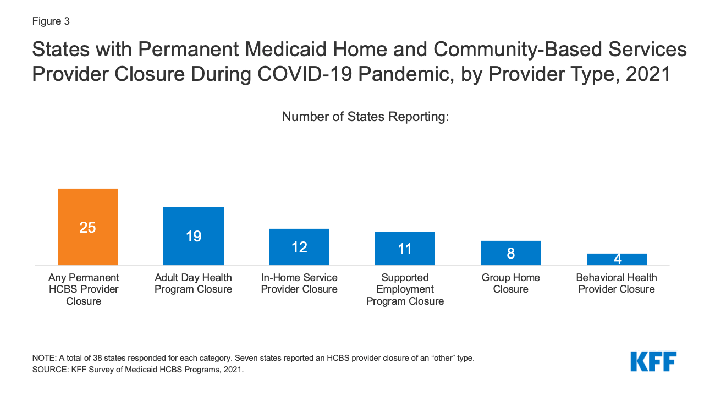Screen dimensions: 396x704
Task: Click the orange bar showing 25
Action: [87, 227]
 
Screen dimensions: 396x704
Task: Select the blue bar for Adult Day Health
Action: [194, 236]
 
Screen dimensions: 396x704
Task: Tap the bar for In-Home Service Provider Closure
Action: [299, 247]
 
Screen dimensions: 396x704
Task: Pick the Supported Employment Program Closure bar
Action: [405, 249]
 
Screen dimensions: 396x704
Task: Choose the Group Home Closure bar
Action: [510, 253]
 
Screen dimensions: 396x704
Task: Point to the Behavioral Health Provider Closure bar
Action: [617, 259]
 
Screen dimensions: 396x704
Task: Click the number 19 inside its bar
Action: [194, 237]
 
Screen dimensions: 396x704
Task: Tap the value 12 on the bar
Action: [299, 248]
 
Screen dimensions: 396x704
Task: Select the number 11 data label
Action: [405, 249]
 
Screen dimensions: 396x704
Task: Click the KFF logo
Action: [653, 362]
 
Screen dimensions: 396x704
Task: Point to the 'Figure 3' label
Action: [51, 21]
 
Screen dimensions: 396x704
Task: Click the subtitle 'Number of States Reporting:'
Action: [365, 117]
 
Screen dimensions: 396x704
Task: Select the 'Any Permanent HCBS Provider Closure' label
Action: [84, 289]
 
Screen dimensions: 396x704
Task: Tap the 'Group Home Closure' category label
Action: [510, 283]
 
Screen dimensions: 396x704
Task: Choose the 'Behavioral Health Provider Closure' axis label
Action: [617, 283]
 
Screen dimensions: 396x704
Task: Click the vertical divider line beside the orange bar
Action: [140, 220]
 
